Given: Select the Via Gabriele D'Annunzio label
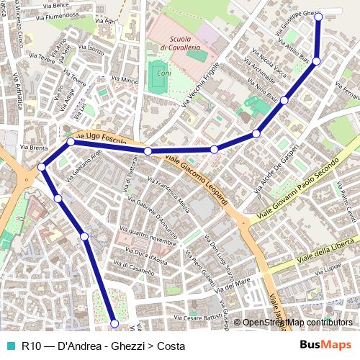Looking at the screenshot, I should [157, 216].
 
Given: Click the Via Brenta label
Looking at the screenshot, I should [34, 147].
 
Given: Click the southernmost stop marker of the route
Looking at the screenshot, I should [113, 323].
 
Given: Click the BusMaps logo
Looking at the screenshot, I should [325, 346].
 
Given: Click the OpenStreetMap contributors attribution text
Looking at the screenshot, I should [297, 323].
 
